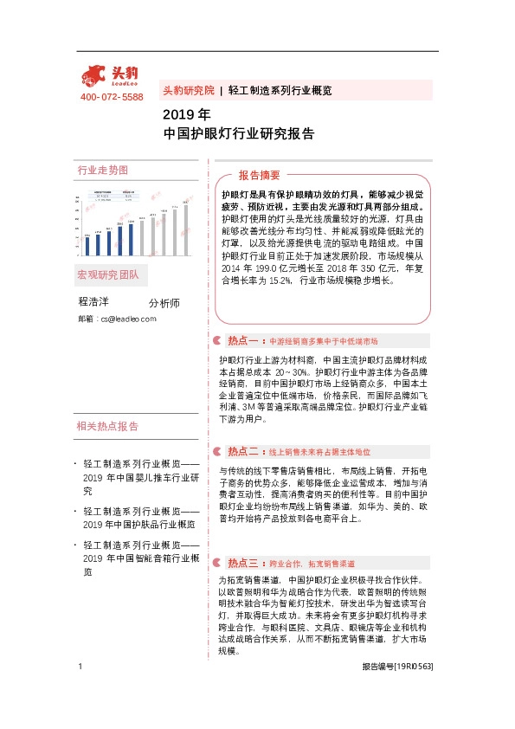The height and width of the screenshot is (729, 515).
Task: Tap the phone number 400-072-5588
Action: pyautogui.click(x=112, y=97)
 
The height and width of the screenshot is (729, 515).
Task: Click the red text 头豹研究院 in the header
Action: pyautogui.click(x=188, y=90)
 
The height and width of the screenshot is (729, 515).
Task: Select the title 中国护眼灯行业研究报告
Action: pyautogui.click(x=238, y=134)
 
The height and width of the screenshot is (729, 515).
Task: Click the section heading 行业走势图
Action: pyautogui.click(x=102, y=170)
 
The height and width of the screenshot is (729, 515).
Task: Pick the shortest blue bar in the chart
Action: pyautogui.click(x=87, y=247)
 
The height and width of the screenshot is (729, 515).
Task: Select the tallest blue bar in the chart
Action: pyautogui.click(x=132, y=240)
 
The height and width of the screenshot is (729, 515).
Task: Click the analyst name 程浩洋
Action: pyautogui.click(x=95, y=302)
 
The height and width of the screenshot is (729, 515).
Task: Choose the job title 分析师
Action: pyautogui.click(x=164, y=303)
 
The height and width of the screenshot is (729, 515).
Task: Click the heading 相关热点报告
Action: pyautogui.click(x=107, y=426)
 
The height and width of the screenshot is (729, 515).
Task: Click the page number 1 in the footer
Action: pyautogui.click(x=80, y=690)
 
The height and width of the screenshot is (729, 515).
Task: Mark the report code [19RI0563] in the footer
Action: pyautogui.click(x=413, y=690)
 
